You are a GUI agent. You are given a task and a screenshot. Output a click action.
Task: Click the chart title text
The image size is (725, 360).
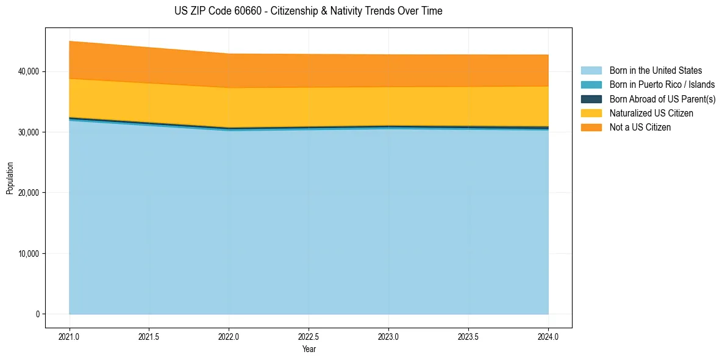coord(308,11)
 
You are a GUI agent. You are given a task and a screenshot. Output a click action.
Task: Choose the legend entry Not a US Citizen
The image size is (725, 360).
coord(640,128)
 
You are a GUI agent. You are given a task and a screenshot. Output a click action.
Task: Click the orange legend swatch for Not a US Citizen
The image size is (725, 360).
coord(591,128)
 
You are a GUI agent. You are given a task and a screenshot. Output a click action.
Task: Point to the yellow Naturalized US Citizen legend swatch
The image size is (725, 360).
coord(591,113)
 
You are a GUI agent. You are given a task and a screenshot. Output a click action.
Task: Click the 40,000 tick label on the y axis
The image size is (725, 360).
coord(29,71)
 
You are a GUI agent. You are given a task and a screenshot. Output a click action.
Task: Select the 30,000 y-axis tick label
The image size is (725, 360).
coord(29,132)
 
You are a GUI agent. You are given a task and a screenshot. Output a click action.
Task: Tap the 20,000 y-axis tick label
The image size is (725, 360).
coord(29,193)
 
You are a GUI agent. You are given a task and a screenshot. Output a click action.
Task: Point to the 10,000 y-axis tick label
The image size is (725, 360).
coord(29,254)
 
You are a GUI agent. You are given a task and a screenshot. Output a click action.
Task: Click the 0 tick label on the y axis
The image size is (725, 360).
coord(37,314)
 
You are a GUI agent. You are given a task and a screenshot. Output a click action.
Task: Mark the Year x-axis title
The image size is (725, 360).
coord(309,350)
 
